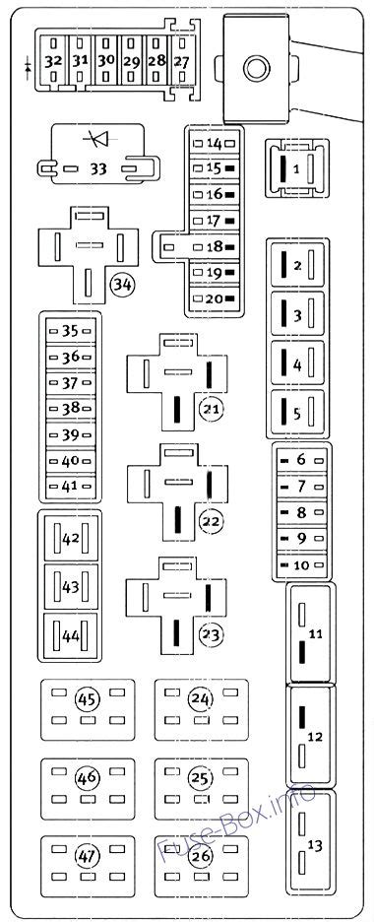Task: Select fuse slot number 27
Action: click(x=181, y=60)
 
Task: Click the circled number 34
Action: click(x=122, y=285)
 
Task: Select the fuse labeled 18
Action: click(x=214, y=247)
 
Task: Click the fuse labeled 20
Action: click(x=214, y=298)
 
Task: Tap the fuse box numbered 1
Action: click(x=295, y=168)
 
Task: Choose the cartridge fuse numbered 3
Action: click(x=295, y=315)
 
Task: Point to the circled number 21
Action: click(x=210, y=409)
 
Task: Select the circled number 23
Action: click(x=210, y=633)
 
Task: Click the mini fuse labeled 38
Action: click(x=70, y=408)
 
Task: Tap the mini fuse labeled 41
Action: click(x=70, y=485)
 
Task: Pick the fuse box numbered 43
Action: click(x=70, y=586)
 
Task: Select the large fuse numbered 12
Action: click(x=314, y=736)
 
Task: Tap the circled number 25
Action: click(x=201, y=778)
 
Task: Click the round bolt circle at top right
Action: click(x=257, y=67)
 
